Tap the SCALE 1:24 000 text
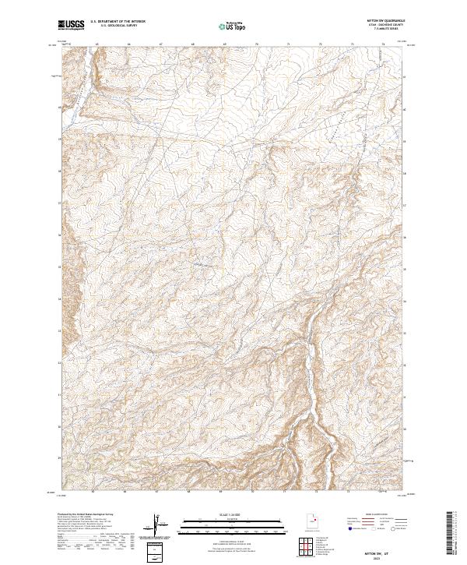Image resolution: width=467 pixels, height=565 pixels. click(x=224, y=514)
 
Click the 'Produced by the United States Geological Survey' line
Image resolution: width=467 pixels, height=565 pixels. click(x=86, y=515)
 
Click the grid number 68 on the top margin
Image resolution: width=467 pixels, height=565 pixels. click(x=192, y=44)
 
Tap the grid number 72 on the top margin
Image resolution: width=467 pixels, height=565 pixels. click(x=321, y=44)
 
